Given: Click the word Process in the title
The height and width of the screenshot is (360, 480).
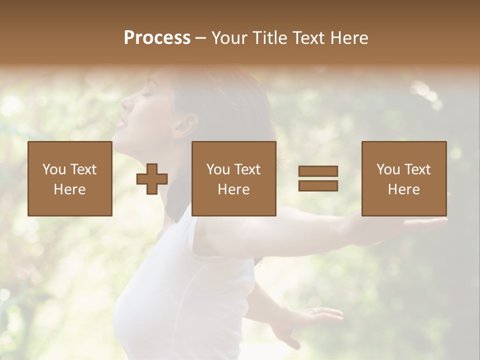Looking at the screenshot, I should (x=157, y=38).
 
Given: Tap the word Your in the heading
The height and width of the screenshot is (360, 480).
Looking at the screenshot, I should (x=230, y=38).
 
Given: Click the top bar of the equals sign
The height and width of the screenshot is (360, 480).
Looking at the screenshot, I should (x=318, y=171).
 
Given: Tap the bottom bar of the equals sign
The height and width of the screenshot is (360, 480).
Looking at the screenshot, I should (x=318, y=185).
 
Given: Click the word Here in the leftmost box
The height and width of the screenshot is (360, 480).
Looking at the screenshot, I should (x=69, y=189).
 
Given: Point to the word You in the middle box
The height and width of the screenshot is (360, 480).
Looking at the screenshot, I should (x=218, y=169).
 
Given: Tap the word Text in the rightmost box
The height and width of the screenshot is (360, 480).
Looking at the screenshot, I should (x=417, y=169).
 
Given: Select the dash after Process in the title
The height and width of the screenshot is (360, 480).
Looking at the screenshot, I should (x=200, y=38).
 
